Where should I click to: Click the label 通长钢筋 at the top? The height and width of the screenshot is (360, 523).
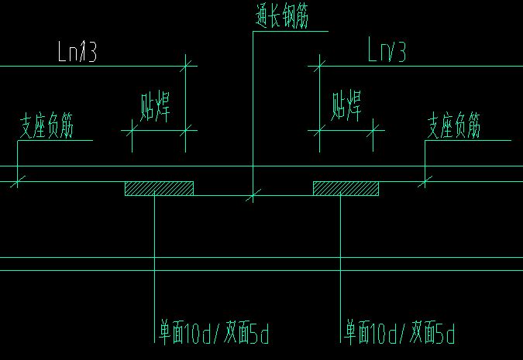[281, 17]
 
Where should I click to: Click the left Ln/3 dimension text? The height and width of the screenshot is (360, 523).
[77, 53]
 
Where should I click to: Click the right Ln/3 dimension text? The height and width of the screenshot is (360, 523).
[387, 52]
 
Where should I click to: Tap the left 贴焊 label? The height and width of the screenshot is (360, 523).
[155, 107]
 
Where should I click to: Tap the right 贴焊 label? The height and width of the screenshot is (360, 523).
[346, 105]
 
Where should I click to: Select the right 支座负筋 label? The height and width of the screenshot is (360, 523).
[455, 126]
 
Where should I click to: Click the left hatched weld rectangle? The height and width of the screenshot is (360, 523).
[159, 188]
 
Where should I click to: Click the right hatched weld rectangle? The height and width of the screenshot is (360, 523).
[346, 188]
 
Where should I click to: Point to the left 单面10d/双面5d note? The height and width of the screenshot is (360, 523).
[212, 334]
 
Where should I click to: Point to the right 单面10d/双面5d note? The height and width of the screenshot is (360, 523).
[399, 334]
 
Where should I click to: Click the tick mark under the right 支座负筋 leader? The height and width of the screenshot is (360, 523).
[424, 181]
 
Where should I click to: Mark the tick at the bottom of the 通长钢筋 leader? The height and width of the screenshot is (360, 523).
[251, 197]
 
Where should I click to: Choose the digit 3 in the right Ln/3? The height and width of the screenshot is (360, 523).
[400, 52]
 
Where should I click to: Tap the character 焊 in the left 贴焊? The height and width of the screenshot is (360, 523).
[163, 107]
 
